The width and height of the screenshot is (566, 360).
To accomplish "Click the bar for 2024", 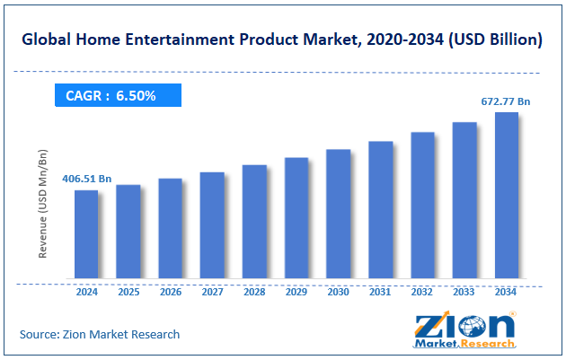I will (x=86, y=233).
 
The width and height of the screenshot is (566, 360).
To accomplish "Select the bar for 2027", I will (x=212, y=224).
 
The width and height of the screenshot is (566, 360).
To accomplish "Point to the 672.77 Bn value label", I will (x=506, y=101).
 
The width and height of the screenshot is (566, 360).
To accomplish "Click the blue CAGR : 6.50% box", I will (x=118, y=95).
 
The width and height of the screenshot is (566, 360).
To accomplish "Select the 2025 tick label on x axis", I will (x=128, y=292).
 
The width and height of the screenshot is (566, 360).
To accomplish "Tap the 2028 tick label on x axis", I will (x=254, y=292).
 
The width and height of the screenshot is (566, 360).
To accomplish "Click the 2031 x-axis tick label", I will (x=380, y=292).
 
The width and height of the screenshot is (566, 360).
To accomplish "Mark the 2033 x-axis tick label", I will (x=464, y=292).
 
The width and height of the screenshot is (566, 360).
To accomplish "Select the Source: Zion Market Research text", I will (x=100, y=334).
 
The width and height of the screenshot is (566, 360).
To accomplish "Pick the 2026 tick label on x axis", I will (x=170, y=292).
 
